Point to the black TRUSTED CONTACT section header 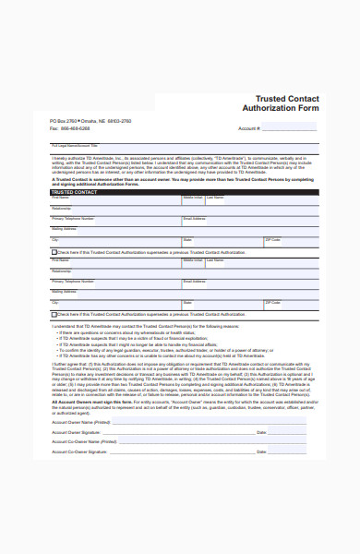[x=180, y=191]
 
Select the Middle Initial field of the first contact [x=192, y=201]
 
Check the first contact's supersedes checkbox [x=53, y=252]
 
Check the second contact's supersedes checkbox [x=53, y=315]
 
